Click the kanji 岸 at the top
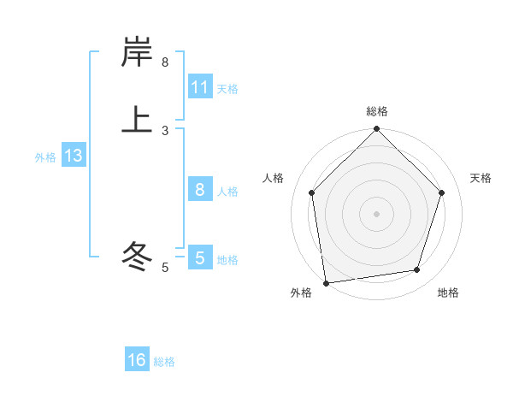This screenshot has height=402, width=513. click(x=137, y=53)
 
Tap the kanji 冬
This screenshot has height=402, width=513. click(x=137, y=255)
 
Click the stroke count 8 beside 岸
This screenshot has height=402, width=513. click(x=165, y=62)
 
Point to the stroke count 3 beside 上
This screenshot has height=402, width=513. click(x=165, y=131)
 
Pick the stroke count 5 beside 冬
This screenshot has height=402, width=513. click(x=165, y=268)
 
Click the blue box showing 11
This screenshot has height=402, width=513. click(x=200, y=87)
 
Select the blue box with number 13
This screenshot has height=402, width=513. click(x=73, y=156)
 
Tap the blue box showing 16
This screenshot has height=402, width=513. click(x=137, y=360)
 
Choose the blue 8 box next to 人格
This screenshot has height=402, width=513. click(x=200, y=190)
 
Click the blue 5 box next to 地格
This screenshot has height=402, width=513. click(x=200, y=257)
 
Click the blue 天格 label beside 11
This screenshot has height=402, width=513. click(x=227, y=88)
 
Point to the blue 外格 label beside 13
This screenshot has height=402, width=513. click(x=45, y=157)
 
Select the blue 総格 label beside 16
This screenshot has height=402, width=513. click(x=164, y=362)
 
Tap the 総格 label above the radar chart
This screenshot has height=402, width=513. click(x=376, y=111)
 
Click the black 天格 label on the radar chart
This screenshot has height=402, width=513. click(x=481, y=178)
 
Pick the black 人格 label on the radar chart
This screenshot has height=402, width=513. click(x=274, y=178)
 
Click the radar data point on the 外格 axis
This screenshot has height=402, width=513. click(x=326, y=281)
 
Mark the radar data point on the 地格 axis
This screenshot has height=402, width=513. click(x=417, y=269)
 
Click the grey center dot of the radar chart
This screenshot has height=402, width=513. click(x=376, y=213)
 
